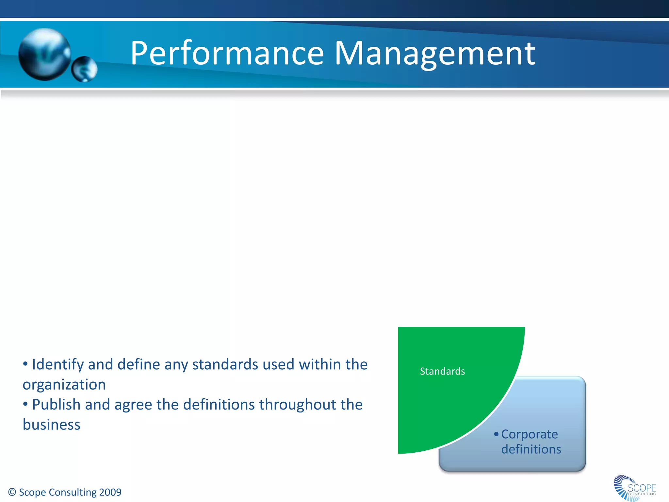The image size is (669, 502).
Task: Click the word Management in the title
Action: (435, 53)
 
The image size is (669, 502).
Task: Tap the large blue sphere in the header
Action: (44, 54)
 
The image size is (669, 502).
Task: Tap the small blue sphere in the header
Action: (84, 69)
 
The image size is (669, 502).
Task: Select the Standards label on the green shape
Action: (442, 371)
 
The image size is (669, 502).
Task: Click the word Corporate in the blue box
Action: (530, 434)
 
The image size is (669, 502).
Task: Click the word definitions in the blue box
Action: (531, 449)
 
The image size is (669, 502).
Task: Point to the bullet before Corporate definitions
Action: (496, 434)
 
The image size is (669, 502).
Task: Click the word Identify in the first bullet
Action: (57, 365)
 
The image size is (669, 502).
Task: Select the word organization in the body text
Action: (64, 385)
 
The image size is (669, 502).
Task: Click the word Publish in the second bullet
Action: (56, 405)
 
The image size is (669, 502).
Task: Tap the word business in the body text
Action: (51, 425)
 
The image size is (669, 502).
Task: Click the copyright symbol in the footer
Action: (12, 492)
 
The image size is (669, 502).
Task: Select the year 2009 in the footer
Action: (110, 492)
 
